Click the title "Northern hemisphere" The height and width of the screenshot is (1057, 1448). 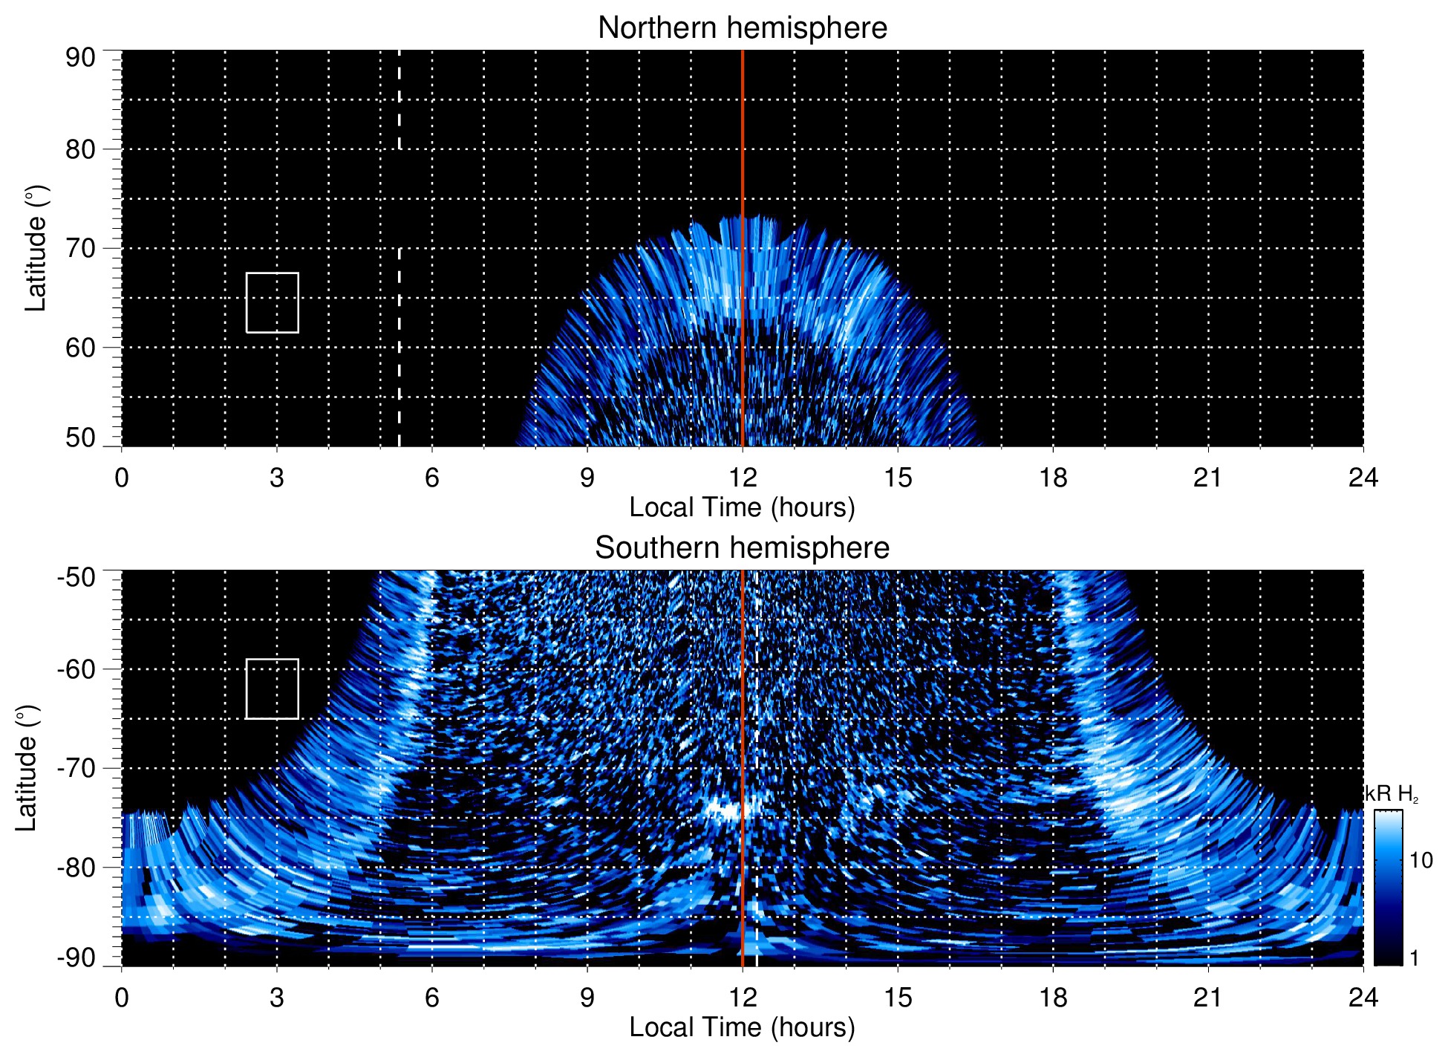point(742,28)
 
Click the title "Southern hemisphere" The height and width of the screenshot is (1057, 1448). point(742,548)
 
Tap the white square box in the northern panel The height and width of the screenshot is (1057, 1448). point(273,302)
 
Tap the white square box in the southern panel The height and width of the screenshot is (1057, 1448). point(273,689)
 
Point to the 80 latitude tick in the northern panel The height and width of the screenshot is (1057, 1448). point(81,149)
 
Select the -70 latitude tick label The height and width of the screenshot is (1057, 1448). point(76,768)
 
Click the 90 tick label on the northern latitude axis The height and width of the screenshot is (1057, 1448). point(81,58)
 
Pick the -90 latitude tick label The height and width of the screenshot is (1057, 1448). point(76,957)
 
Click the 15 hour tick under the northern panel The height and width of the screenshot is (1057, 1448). point(898,477)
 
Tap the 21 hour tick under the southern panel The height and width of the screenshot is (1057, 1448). point(1208,997)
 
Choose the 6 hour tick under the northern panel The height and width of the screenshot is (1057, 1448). point(432,477)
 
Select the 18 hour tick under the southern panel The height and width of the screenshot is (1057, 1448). point(1053,997)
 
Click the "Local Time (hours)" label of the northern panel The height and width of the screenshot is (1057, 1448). point(742,507)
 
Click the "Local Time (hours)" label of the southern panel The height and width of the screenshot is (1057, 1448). point(742,1027)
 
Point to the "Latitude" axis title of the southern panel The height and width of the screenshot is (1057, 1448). point(27,768)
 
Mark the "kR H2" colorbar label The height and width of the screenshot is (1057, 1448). point(1392,794)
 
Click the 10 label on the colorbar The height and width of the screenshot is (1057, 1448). point(1421,860)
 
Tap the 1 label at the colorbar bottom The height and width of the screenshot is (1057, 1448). point(1414,958)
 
